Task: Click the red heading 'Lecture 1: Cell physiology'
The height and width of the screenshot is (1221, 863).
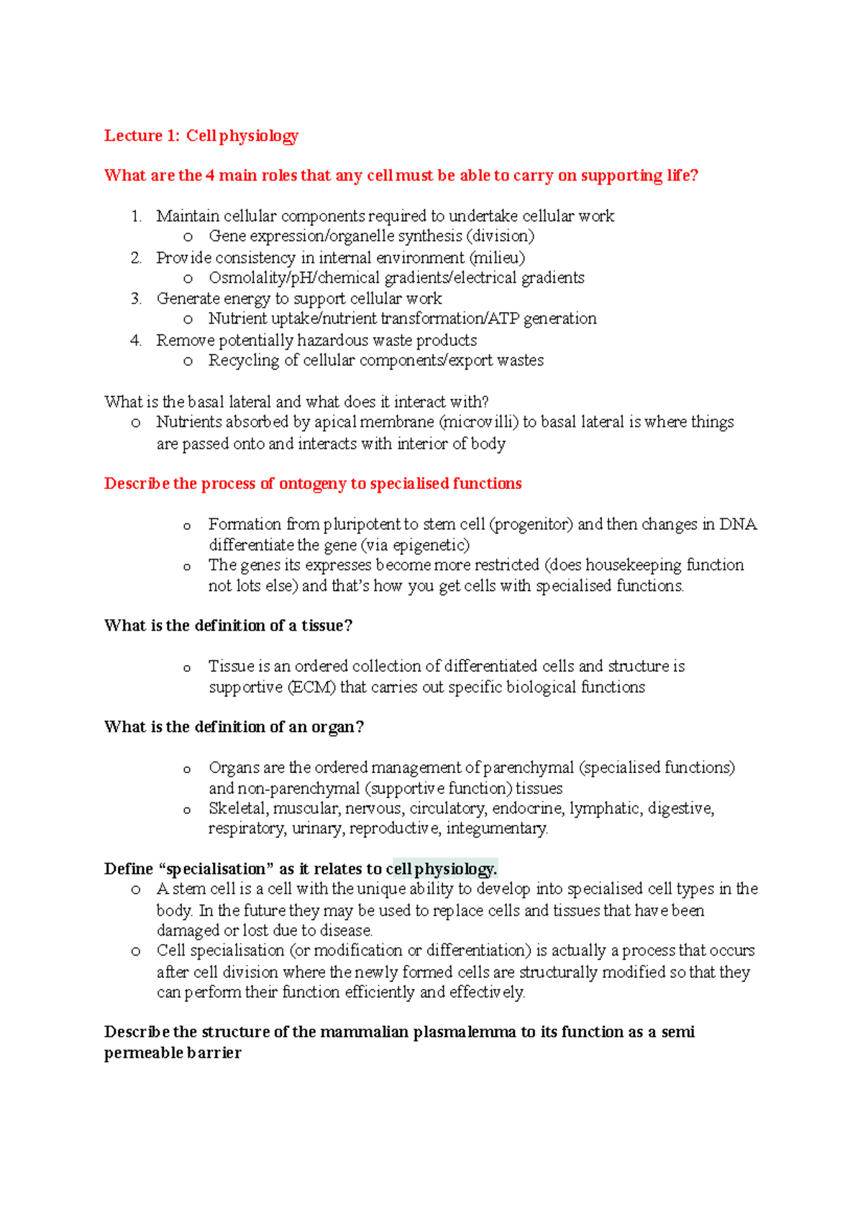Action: tap(201, 136)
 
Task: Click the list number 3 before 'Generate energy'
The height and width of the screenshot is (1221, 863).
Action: tap(136, 298)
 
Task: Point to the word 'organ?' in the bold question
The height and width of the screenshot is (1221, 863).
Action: tap(337, 727)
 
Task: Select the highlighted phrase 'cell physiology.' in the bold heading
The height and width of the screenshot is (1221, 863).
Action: tap(441, 869)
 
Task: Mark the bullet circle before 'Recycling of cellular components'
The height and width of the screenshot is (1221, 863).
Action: tap(188, 361)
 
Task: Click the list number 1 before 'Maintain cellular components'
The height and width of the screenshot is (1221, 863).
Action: tap(136, 216)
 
